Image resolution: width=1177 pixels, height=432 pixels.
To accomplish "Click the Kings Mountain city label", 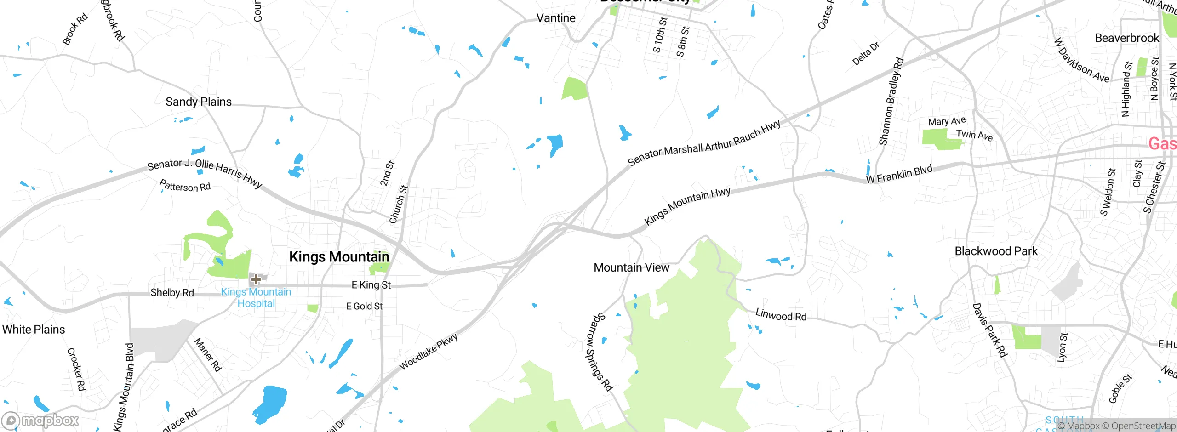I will point(339,256).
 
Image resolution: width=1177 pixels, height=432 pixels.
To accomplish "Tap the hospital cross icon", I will point(256,279).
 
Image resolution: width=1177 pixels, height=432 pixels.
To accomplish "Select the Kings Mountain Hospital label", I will point(256,297).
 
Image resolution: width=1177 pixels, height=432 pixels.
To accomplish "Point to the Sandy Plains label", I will point(199,102).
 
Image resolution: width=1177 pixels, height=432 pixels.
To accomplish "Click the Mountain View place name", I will point(631,267).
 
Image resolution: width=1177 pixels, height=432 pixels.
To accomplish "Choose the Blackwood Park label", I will point(996,251).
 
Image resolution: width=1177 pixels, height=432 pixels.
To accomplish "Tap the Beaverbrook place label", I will point(1127,38).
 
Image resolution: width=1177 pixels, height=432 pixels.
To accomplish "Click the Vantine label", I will point(556,18).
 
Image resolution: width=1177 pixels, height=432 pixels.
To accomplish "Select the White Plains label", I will point(34,329).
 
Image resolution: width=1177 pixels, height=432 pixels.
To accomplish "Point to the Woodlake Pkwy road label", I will point(428,352).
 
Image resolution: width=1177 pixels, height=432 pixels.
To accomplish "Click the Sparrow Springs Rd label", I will point(599,352).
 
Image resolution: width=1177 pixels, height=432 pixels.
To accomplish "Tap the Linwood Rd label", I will point(781,315).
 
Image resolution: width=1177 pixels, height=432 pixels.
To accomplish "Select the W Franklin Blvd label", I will point(899,174).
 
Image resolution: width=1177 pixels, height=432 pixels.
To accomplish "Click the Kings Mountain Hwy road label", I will point(687,206).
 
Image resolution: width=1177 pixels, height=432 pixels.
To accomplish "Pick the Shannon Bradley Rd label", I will point(891,102).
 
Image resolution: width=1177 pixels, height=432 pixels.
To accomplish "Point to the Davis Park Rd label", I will point(989,330).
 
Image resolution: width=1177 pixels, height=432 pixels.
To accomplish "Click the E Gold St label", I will point(364,306).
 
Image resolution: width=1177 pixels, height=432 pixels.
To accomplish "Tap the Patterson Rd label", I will point(185,186).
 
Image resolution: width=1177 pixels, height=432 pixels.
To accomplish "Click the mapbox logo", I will point(40,421).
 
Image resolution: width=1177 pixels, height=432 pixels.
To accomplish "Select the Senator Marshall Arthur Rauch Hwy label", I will point(704,142).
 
